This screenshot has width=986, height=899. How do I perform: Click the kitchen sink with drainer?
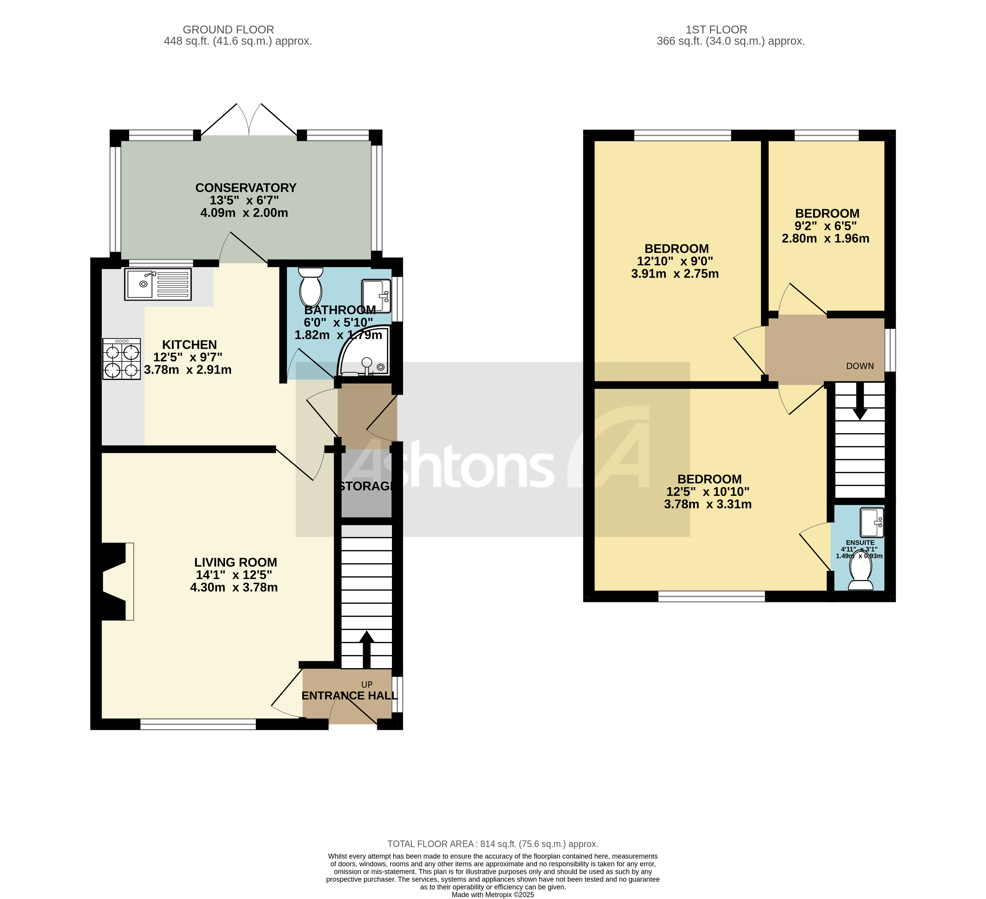pos(157,284)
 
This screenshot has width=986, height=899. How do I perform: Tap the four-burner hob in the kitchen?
pos(121,359)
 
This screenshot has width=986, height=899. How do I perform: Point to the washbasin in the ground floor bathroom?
pos(376,296)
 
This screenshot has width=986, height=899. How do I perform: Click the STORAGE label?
pos(366,486)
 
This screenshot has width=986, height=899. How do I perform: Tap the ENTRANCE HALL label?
pos(349,695)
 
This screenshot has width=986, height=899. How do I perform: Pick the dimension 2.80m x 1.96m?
pos(825,238)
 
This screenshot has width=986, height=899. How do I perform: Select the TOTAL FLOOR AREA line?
pos(493,844)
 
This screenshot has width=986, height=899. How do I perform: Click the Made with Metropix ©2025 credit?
pos(493,894)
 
